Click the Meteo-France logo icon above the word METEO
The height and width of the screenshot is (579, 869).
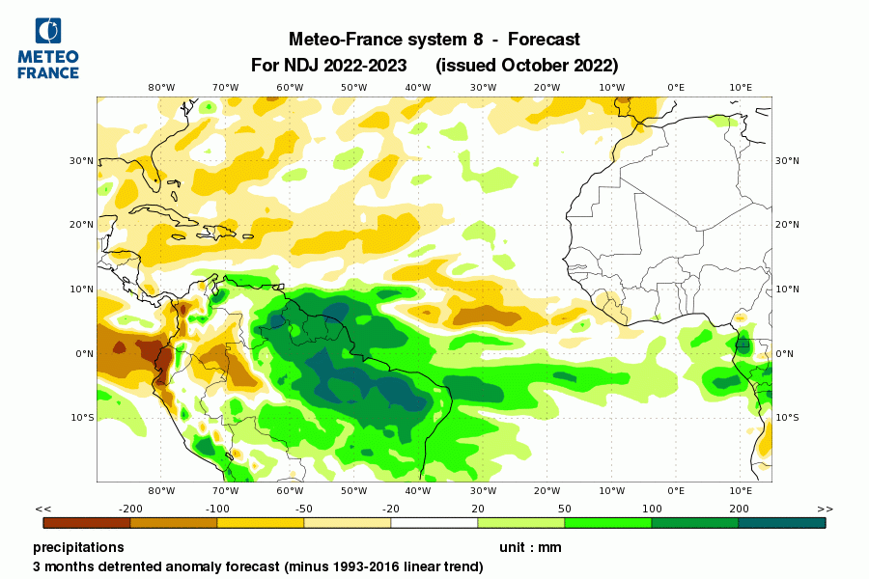(x=46, y=31)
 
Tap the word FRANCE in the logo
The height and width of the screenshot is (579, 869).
(x=48, y=72)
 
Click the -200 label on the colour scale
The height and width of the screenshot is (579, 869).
(x=130, y=509)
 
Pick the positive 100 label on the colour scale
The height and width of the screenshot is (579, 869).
(x=652, y=509)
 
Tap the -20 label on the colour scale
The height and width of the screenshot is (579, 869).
(x=391, y=509)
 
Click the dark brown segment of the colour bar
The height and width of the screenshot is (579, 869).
(x=87, y=522)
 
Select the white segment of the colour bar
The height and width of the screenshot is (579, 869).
(x=434, y=522)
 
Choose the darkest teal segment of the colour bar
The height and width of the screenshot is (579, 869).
(x=782, y=522)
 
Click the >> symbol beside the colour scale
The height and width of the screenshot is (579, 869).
(x=825, y=509)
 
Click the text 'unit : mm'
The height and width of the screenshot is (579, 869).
(x=529, y=547)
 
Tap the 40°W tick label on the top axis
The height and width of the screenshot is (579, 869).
(x=418, y=87)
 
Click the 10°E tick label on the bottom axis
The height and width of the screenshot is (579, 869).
(x=741, y=490)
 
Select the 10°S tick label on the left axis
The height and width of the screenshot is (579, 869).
(x=82, y=418)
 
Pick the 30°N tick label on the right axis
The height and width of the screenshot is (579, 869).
(x=787, y=160)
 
